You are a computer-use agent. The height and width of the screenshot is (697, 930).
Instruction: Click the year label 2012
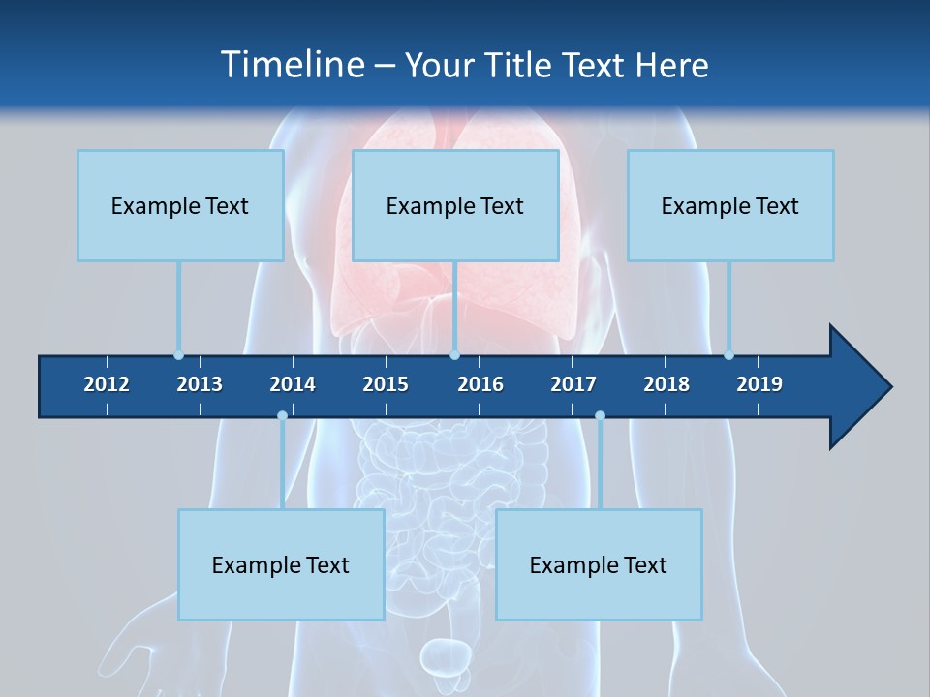[x=107, y=384]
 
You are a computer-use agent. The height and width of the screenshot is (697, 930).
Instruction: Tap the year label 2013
[x=200, y=384]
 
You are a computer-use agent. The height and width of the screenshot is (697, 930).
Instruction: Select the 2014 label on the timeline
[x=293, y=384]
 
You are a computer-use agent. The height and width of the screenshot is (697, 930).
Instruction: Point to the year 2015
[x=386, y=384]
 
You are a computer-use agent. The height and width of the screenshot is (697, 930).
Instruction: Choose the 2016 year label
[x=480, y=384]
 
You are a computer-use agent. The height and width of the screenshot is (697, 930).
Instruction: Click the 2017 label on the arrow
[x=573, y=384]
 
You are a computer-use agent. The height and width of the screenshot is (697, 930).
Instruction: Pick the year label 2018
[x=666, y=384]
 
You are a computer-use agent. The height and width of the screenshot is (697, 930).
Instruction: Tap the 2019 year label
[x=759, y=384]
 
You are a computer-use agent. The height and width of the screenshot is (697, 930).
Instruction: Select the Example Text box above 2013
[x=180, y=205]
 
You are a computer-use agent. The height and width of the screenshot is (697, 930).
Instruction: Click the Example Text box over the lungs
[x=455, y=205]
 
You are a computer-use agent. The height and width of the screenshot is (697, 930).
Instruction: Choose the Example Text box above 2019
[x=730, y=205]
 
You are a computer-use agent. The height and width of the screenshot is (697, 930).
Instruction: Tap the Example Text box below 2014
[x=281, y=564]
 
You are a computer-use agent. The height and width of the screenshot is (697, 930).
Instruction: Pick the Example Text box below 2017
[x=599, y=564]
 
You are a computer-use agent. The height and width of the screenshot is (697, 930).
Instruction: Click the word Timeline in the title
[x=292, y=65]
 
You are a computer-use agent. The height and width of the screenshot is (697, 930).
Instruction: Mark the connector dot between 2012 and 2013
[x=178, y=355]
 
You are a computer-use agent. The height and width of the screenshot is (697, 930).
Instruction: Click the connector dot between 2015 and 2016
[x=454, y=355]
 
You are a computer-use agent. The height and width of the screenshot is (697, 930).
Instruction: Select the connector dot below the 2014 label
[x=282, y=416]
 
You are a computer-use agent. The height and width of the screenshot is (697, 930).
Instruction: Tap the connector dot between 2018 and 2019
[x=729, y=355]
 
